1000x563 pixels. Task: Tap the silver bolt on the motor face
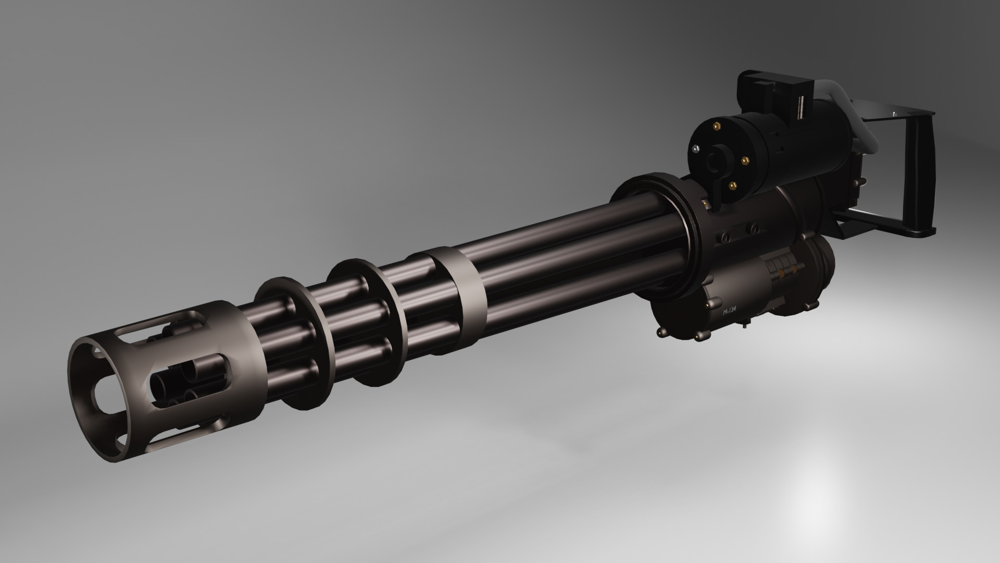click(695, 150)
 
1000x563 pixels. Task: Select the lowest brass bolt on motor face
click(733, 184)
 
